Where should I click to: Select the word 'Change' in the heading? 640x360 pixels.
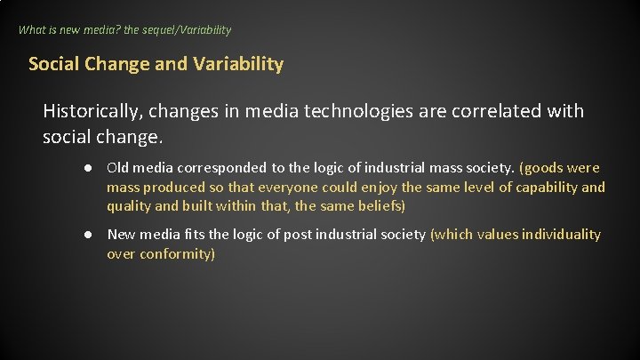click(113, 64)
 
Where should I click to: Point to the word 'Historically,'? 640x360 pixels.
click(95, 111)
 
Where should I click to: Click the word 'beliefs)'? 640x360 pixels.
click(380, 206)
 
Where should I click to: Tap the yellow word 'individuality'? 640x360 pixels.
click(561, 235)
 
